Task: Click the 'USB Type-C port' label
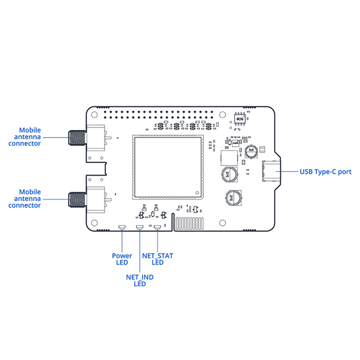click(x=325, y=171)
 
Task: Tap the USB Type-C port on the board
click(x=271, y=171)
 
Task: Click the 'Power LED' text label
click(x=122, y=259)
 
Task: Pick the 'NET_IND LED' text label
click(x=140, y=280)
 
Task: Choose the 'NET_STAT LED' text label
click(x=157, y=259)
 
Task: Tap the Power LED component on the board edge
click(x=121, y=228)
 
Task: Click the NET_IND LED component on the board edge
click(x=139, y=228)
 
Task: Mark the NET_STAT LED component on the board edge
click(x=157, y=228)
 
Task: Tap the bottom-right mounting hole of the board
click(x=222, y=222)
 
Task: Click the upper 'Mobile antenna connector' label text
click(x=30, y=137)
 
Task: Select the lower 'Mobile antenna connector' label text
click(x=30, y=198)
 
